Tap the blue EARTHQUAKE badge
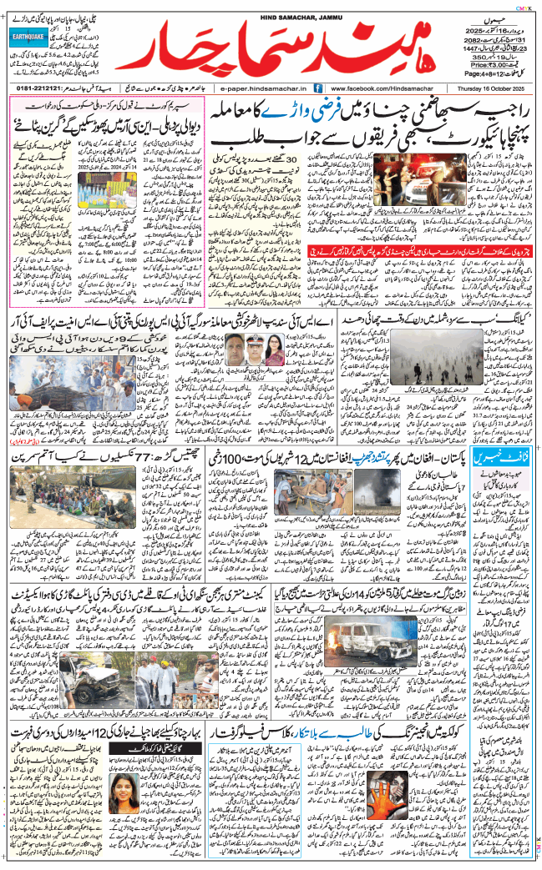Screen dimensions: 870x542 33,37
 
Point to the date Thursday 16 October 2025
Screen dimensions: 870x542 494,88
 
